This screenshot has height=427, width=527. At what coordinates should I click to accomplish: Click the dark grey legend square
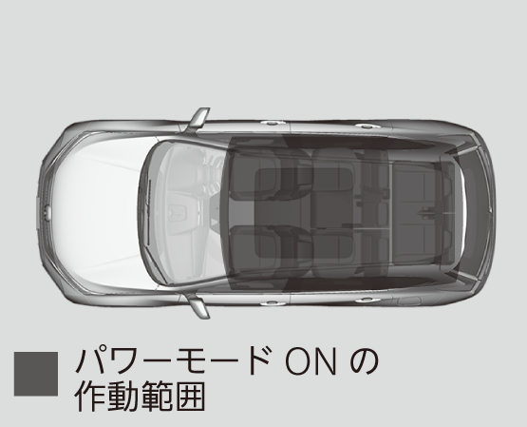[36, 374]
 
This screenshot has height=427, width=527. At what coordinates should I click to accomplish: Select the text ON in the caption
[311, 363]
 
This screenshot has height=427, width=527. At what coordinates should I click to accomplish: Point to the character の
[364, 363]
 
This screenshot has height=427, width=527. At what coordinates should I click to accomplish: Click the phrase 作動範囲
[140, 396]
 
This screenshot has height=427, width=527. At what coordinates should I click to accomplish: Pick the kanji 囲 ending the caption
[189, 397]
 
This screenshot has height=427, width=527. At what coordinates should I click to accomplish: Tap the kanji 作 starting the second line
[90, 396]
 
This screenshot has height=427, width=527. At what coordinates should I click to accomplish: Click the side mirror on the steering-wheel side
[198, 120]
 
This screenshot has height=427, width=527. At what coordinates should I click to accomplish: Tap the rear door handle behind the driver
[368, 126]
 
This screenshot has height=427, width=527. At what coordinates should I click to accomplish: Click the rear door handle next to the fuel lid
[368, 300]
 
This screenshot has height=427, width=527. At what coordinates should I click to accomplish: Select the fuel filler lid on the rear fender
[409, 301]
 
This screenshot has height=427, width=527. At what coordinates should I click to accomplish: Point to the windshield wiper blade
[148, 211]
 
